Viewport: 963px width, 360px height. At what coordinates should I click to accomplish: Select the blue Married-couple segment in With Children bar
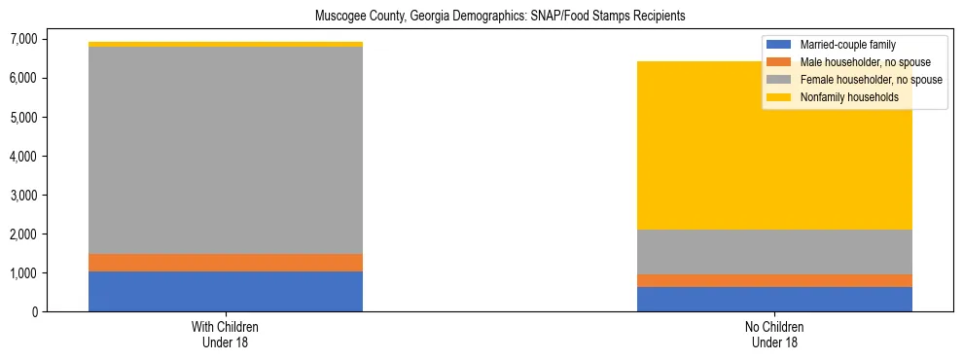pyautogui.click(x=226, y=292)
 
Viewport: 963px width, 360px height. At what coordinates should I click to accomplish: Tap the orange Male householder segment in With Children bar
pyautogui.click(x=226, y=263)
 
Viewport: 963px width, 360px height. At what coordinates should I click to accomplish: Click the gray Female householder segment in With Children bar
pyautogui.click(x=226, y=151)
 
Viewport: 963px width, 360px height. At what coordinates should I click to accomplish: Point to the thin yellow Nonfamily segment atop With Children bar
pyautogui.click(x=226, y=44)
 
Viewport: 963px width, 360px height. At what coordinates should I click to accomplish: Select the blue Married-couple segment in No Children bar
pyautogui.click(x=774, y=300)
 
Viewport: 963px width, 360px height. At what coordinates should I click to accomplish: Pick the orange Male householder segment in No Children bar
pyautogui.click(x=774, y=281)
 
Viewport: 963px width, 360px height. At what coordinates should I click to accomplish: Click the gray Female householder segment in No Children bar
pyautogui.click(x=774, y=252)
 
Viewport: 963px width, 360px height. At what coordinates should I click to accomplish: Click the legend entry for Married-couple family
pyautogui.click(x=847, y=45)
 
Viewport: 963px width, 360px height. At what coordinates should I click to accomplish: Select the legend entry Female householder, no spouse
pyautogui.click(x=871, y=80)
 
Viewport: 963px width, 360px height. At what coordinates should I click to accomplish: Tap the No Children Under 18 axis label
pyautogui.click(x=774, y=334)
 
